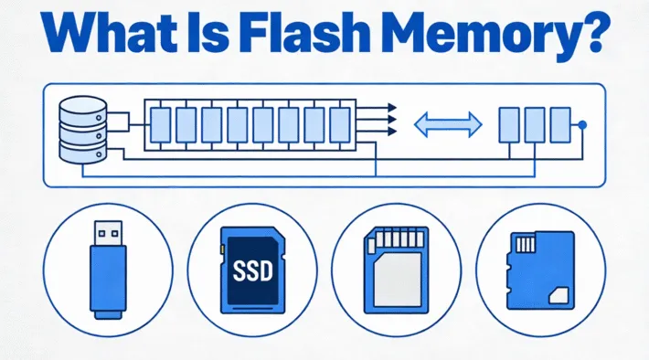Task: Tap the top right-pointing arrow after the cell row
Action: point(377,104)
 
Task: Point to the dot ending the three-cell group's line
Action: point(583,123)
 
